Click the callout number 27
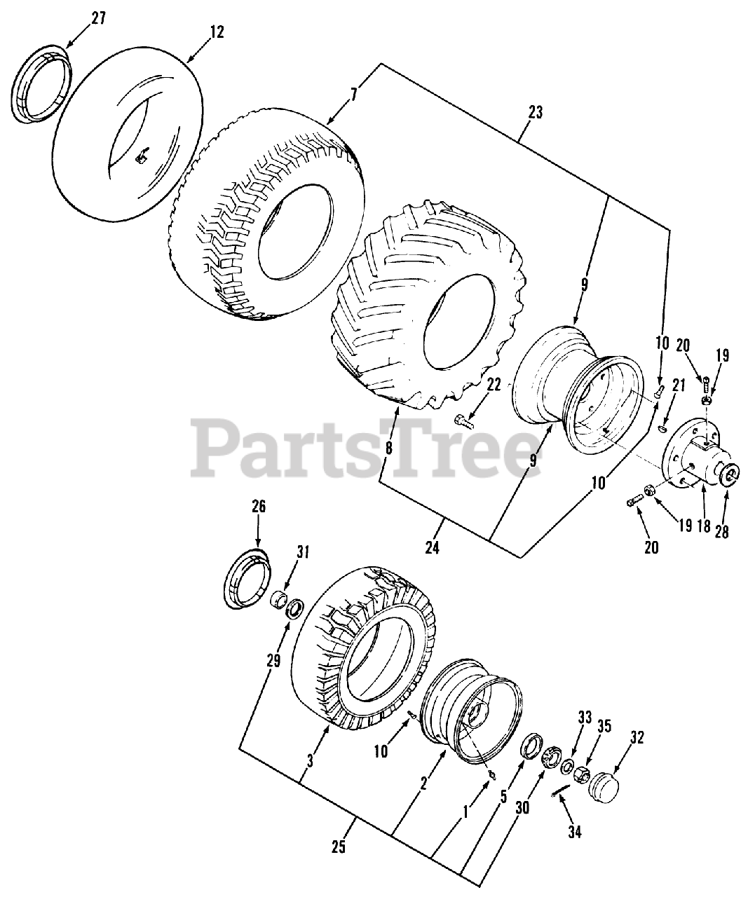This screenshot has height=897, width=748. (97, 18)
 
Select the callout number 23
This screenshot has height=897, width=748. (535, 112)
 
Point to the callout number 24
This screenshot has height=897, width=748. (432, 547)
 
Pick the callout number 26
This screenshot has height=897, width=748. (259, 506)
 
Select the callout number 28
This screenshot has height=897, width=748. (722, 532)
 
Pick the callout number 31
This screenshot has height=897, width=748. (302, 554)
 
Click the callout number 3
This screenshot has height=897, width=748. (311, 760)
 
